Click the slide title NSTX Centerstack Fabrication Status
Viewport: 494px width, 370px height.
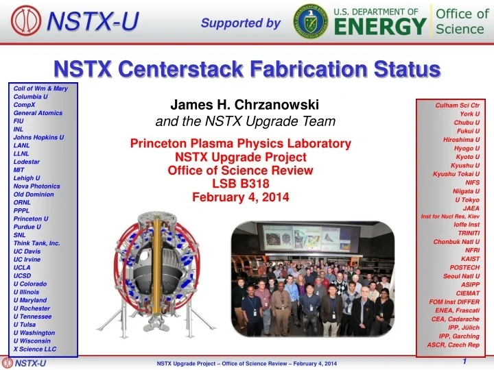point(247,69)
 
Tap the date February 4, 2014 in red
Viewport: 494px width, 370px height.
point(241,197)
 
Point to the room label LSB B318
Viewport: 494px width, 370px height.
point(241,184)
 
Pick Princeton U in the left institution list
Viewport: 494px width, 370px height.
point(31,218)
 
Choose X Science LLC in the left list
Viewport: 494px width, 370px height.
point(35,349)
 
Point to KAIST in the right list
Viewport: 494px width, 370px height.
point(470,259)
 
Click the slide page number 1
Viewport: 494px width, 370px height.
point(465,361)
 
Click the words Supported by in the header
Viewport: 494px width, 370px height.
point(241,23)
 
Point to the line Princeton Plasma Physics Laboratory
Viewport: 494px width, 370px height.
point(241,144)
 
